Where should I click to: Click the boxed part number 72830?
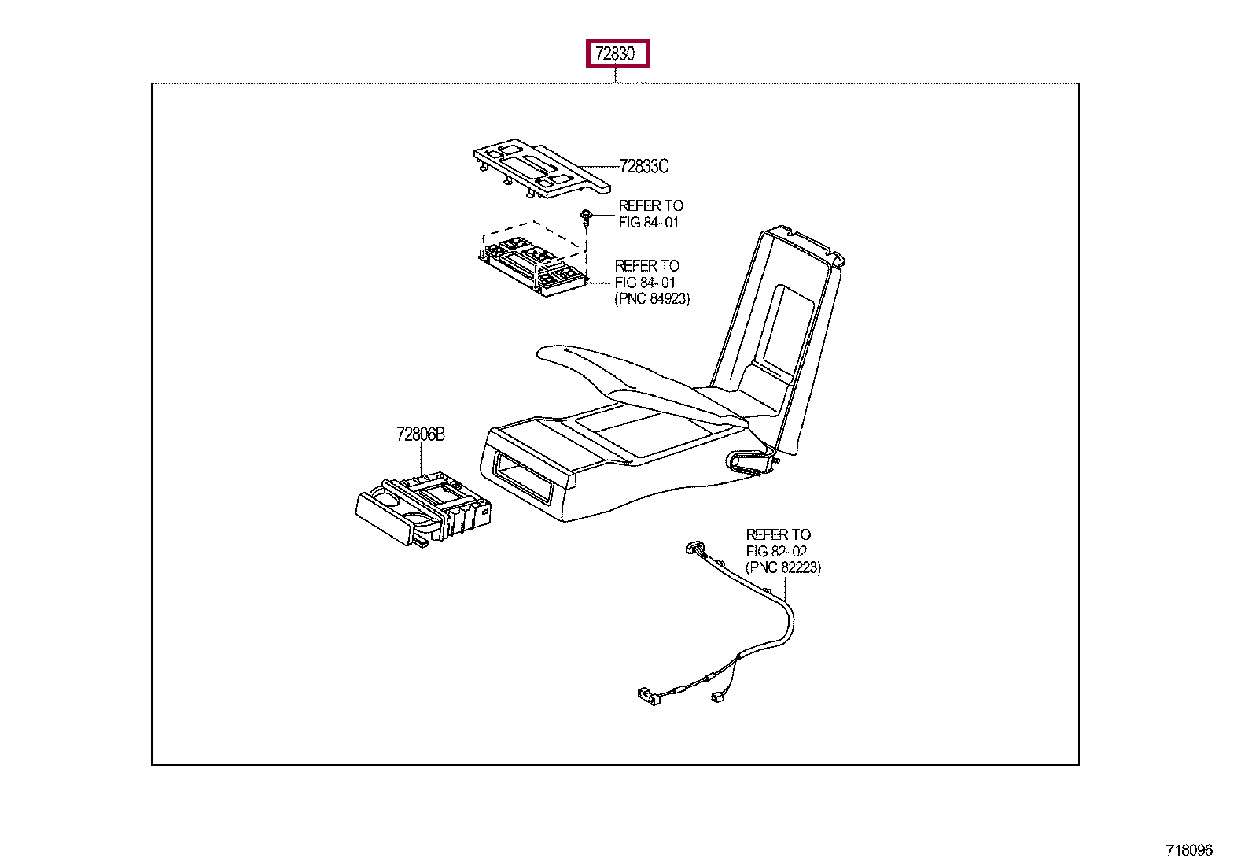coord(617,54)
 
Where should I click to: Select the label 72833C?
coord(644,166)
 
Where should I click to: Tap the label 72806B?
coord(421,434)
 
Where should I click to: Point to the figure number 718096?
coord(1189,850)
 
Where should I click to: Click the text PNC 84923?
coord(652,299)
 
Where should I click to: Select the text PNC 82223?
coord(783,567)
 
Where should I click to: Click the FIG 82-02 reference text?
coord(776,551)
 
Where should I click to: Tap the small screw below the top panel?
coord(586,216)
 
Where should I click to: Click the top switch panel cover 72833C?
coord(535,166)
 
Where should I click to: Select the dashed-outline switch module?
coord(532,263)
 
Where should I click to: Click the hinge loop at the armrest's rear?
coord(751,461)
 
